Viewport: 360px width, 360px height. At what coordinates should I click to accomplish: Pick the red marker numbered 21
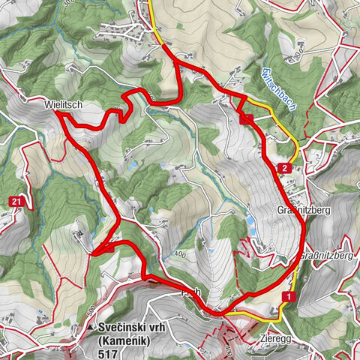tap(16, 201)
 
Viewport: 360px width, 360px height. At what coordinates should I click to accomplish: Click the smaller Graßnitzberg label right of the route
tap(327, 256)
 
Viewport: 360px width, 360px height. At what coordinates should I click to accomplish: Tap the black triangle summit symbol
tap(91, 328)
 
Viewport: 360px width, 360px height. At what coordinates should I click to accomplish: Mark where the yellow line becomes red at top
tap(164, 46)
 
